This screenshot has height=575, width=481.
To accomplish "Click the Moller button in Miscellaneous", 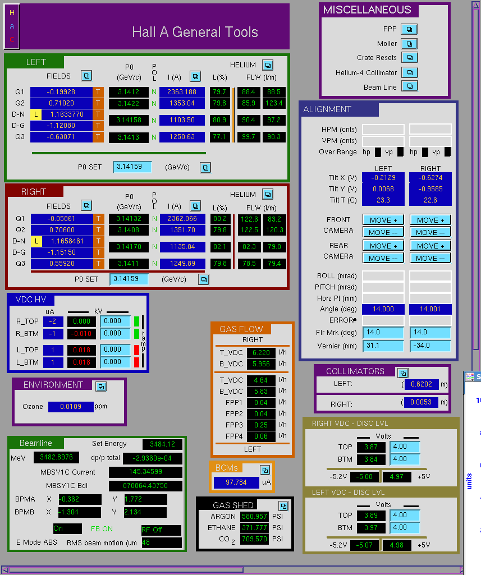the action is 409,44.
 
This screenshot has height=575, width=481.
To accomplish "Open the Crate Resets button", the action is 410,58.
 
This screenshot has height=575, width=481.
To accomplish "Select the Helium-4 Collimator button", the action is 410,72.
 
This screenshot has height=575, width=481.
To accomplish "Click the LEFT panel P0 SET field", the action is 132,167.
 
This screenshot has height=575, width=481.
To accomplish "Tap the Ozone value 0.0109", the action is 71,407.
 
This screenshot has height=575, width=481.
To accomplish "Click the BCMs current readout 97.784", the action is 236,482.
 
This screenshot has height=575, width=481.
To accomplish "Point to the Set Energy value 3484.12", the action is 162,444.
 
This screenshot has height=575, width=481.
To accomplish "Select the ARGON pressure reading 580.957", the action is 254,516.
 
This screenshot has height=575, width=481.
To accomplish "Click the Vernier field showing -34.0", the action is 430,346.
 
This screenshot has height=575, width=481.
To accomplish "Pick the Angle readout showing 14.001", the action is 430,309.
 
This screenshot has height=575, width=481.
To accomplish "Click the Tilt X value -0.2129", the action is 383,178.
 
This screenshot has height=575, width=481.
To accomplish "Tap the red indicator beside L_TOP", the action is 136,350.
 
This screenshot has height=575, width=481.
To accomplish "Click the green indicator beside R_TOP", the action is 136,321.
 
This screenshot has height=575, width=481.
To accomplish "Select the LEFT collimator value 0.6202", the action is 421,384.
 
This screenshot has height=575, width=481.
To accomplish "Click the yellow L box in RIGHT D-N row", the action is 36,241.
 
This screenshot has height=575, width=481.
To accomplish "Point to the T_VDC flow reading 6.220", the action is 261,353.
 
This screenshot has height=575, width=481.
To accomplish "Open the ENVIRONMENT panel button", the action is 101,387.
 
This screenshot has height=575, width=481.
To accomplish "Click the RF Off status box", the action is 161,530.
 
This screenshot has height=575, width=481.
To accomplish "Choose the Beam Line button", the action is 410,86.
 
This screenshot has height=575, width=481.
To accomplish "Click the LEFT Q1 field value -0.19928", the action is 61,92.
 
